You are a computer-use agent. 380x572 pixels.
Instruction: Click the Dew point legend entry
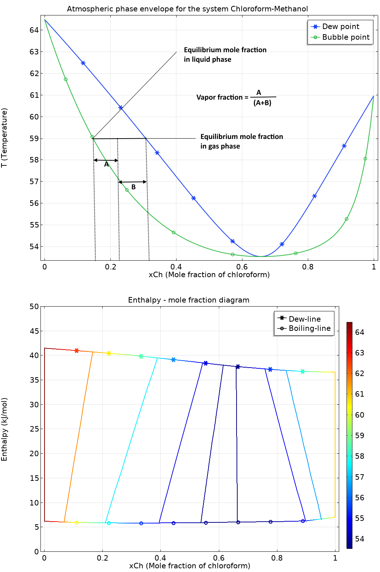pyautogui.click(x=340, y=26)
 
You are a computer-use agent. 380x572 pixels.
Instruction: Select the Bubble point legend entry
pyautogui.click(x=345, y=37)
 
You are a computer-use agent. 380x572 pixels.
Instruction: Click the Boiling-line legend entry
pyautogui.click(x=309, y=328)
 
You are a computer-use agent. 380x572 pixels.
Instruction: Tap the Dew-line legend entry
pyautogui.click(x=304, y=319)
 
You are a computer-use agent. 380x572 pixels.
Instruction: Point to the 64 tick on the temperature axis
pyautogui.click(x=34, y=30)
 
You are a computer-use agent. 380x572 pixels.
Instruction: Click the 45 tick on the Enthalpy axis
pyautogui.click(x=34, y=331)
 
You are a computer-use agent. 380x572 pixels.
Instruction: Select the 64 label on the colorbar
pyautogui.click(x=359, y=332)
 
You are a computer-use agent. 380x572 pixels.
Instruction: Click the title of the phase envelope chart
pyautogui.click(x=187, y=9)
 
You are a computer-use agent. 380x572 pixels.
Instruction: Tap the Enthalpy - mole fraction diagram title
pyautogui.click(x=188, y=300)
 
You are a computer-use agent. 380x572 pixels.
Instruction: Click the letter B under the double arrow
pyautogui.click(x=134, y=187)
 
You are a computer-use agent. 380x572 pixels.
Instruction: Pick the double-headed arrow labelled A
pyautogui.click(x=106, y=160)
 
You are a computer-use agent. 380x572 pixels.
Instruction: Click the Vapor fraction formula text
pyautogui.click(x=235, y=97)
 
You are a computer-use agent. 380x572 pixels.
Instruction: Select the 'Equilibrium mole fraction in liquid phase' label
pyautogui.click(x=225, y=54)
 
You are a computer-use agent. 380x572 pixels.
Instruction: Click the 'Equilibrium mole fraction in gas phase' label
pyautogui.click(x=241, y=141)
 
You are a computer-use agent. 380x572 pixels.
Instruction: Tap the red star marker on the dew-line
pyautogui.click(x=77, y=351)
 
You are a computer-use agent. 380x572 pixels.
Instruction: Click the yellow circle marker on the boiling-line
pyautogui.click(x=77, y=522)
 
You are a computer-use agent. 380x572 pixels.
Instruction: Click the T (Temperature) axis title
pyautogui.click(x=4, y=137)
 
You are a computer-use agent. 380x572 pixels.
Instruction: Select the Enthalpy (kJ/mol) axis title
pyautogui.click(x=4, y=429)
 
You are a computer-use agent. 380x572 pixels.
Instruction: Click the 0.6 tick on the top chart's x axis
pyautogui.click(x=242, y=267)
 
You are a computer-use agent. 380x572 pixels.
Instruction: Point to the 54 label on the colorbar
pyautogui.click(x=359, y=539)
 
